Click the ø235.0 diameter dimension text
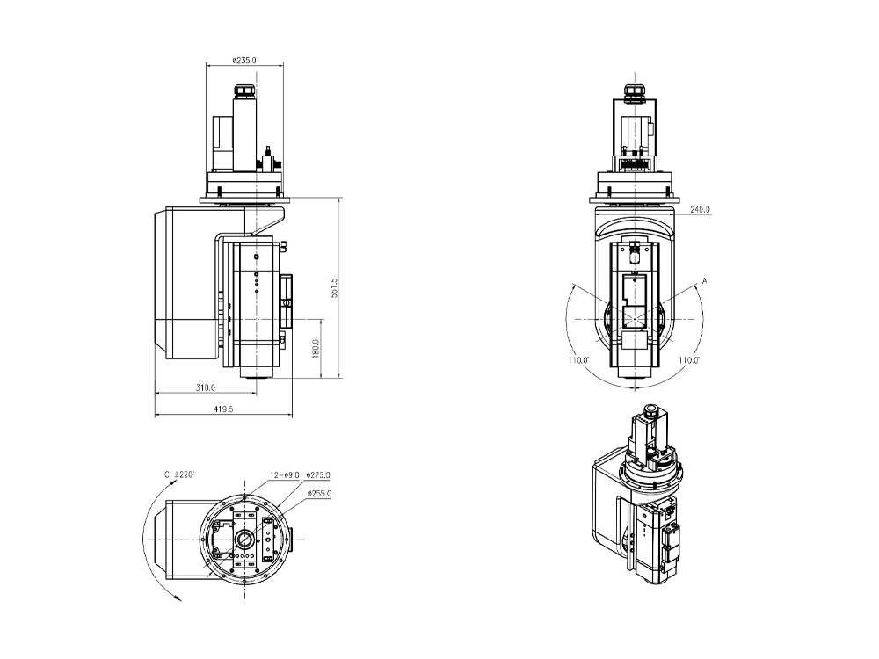pyautogui.click(x=243, y=61)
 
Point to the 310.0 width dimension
pyautogui.click(x=206, y=387)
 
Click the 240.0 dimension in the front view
pyautogui.click(x=700, y=210)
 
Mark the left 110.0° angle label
pyautogui.click(x=578, y=360)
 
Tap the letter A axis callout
pyautogui.click(x=704, y=280)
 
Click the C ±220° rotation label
pyautogui.click(x=179, y=474)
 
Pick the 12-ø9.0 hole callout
pyautogui.click(x=285, y=474)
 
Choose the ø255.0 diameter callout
pyautogui.click(x=318, y=494)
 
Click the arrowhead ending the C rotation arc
pyautogui.click(x=178, y=597)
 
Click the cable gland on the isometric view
pyautogui.click(x=651, y=411)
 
